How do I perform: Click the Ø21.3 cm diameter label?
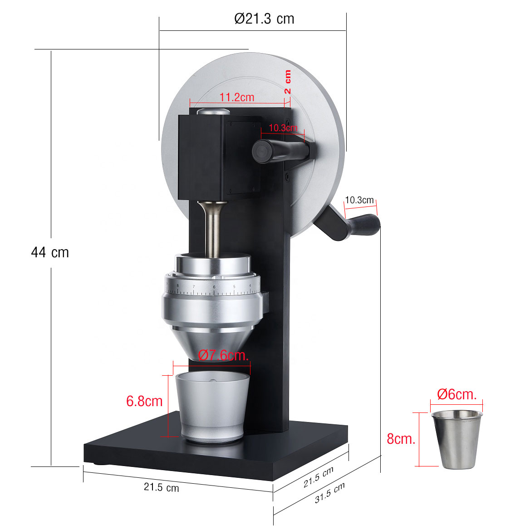(x=264, y=19)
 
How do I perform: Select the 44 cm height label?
(x=50, y=252)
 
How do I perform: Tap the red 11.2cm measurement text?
(x=237, y=97)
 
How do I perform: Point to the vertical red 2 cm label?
(x=288, y=82)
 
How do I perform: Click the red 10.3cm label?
(x=283, y=128)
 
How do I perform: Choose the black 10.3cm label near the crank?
(x=359, y=200)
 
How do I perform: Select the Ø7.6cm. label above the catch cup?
(x=224, y=355)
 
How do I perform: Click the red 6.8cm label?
(x=144, y=401)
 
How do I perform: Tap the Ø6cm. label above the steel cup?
(x=456, y=394)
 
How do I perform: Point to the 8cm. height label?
(x=401, y=439)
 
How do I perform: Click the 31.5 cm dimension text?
(x=329, y=493)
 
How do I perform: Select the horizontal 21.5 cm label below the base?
(x=161, y=488)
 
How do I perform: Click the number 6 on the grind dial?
(x=214, y=287)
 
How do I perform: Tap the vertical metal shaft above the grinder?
(x=212, y=229)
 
